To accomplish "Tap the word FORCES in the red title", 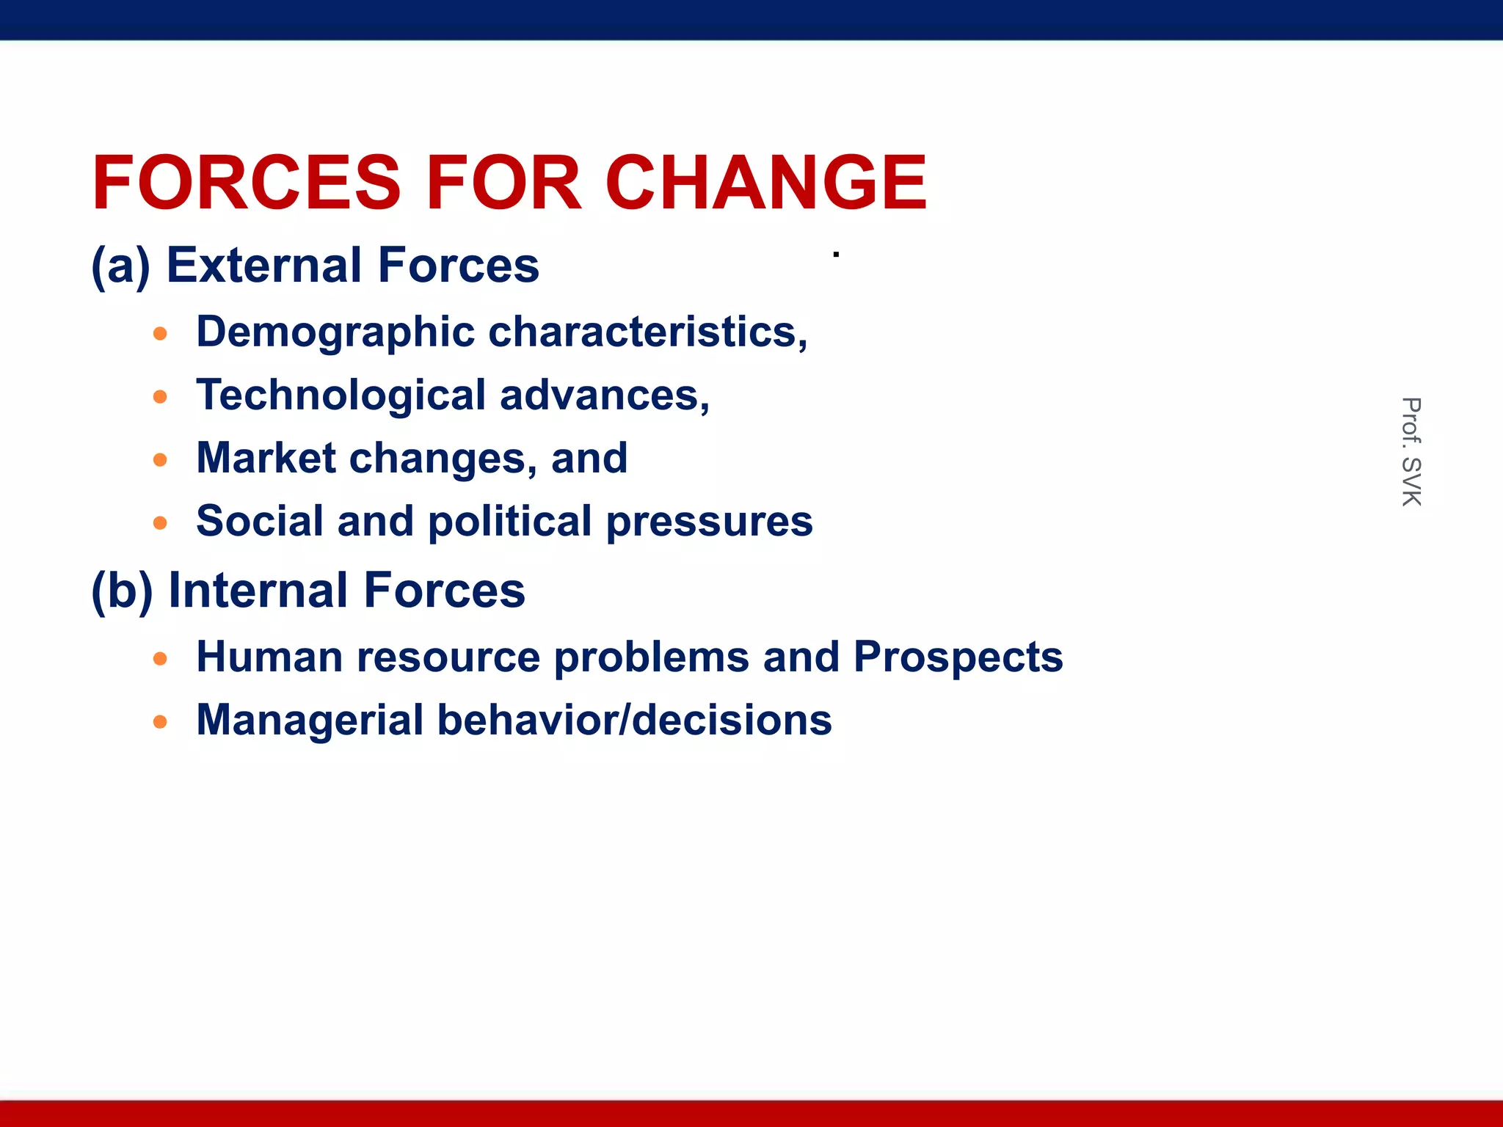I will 247,183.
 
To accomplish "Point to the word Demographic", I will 335,332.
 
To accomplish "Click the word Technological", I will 341,395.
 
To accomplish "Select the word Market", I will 266,458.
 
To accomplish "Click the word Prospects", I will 958,657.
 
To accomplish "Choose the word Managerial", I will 310,720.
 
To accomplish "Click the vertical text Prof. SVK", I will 1411,451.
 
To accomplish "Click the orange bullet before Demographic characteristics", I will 160,335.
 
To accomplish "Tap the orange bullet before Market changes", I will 160,460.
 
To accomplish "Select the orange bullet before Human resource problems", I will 160,659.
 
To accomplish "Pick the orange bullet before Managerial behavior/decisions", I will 160,722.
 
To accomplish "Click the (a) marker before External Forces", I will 120,266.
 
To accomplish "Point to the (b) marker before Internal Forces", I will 122,591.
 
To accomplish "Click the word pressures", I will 710,522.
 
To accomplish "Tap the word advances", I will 604,395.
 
